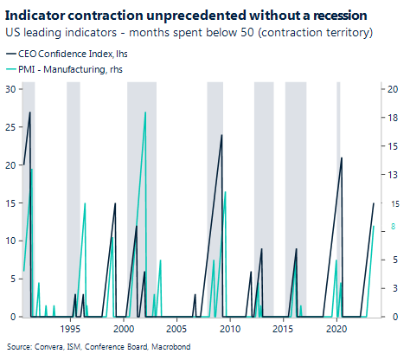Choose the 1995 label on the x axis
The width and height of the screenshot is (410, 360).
tap(71, 330)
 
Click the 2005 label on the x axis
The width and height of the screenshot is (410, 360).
tap(177, 330)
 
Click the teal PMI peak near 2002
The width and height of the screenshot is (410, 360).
tap(145, 112)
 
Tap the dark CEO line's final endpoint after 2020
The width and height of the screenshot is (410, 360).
tap(374, 203)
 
